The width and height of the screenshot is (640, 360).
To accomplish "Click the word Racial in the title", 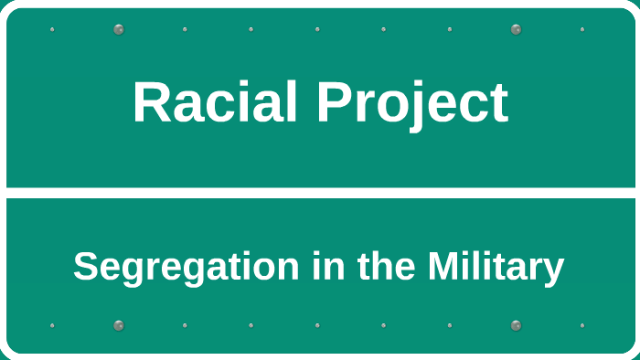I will [216, 102].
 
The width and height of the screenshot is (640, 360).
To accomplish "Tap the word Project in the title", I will [412, 102].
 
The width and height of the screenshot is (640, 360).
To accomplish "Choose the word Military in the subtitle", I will [495, 268].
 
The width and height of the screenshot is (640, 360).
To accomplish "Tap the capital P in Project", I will [334, 102].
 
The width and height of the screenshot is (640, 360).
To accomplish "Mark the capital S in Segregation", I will [85, 268].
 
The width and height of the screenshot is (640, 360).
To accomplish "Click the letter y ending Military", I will [554, 271].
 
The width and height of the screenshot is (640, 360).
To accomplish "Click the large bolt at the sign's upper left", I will [118, 29].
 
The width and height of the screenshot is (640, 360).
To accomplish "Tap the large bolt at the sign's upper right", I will [516, 29].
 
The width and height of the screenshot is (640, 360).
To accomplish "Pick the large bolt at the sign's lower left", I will [118, 325].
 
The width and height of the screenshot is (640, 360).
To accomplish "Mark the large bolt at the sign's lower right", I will [516, 325].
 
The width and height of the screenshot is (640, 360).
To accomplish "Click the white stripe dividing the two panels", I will [320, 193].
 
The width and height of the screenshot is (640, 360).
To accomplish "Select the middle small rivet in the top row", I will [317, 29].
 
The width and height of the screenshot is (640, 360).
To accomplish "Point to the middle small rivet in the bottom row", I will [317, 325].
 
